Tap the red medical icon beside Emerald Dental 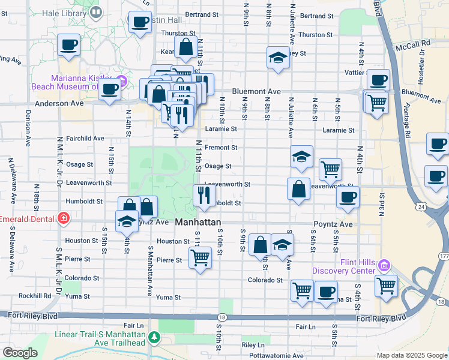63,218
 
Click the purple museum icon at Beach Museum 122,81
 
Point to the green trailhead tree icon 154,338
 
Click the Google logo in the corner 20,353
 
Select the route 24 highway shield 421,206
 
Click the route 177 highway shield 443,256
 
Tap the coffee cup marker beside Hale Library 140,22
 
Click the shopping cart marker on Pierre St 200,258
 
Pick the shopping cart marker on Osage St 330,169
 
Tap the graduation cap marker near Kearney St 277,58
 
